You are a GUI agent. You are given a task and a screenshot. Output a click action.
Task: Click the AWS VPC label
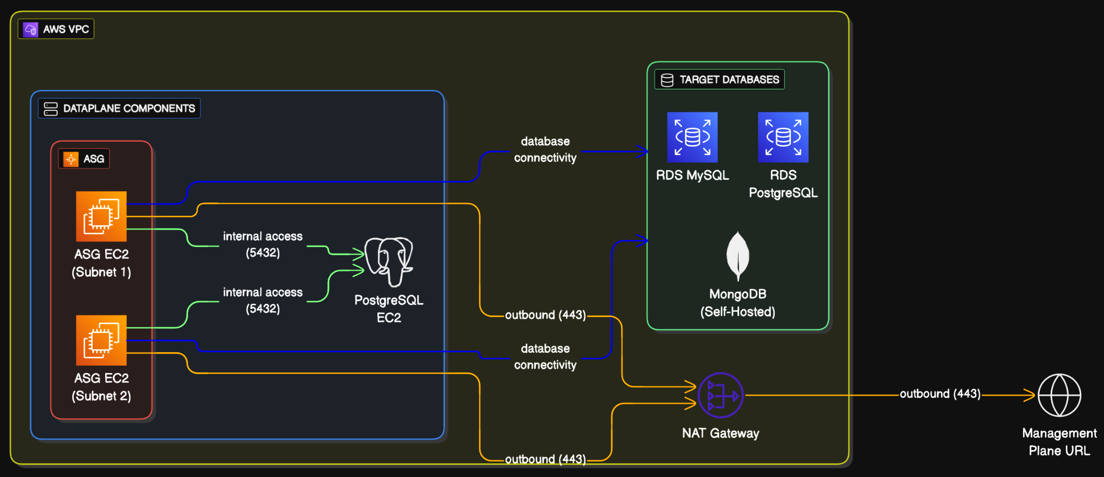(x=56, y=29)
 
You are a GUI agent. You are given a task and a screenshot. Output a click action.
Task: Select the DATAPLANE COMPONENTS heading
(x=119, y=108)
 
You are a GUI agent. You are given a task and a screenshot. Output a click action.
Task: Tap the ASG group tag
(x=84, y=159)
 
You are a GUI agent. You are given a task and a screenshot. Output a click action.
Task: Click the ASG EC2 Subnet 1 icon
(x=101, y=216)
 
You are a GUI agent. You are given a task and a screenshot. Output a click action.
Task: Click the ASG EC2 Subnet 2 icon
(x=101, y=340)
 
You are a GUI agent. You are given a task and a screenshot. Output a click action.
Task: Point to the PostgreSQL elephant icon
(x=389, y=261)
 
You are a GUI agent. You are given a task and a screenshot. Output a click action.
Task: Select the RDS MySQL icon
(x=692, y=137)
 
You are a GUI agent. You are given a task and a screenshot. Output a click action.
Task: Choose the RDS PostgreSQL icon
(x=783, y=137)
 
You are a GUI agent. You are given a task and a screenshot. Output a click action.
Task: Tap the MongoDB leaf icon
(x=737, y=256)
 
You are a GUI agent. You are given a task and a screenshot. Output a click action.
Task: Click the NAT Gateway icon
(x=721, y=396)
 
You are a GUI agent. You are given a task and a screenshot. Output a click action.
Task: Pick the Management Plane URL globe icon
(x=1059, y=396)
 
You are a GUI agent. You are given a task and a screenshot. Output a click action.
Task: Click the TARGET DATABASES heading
(x=720, y=80)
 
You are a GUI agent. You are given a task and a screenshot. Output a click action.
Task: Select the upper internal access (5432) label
(x=263, y=244)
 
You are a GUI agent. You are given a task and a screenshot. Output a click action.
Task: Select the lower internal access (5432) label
(x=263, y=300)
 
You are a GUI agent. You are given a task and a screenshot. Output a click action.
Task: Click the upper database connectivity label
(x=545, y=150)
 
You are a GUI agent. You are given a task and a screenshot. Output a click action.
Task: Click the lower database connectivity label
(x=545, y=357)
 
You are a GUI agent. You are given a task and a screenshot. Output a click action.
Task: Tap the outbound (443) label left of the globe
(x=940, y=394)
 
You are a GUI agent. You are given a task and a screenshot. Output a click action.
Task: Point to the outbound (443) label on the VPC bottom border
(x=545, y=459)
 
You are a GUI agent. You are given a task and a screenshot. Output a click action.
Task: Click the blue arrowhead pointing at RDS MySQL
(x=643, y=151)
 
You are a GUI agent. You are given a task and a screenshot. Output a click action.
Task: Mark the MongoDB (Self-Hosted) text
(x=737, y=303)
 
